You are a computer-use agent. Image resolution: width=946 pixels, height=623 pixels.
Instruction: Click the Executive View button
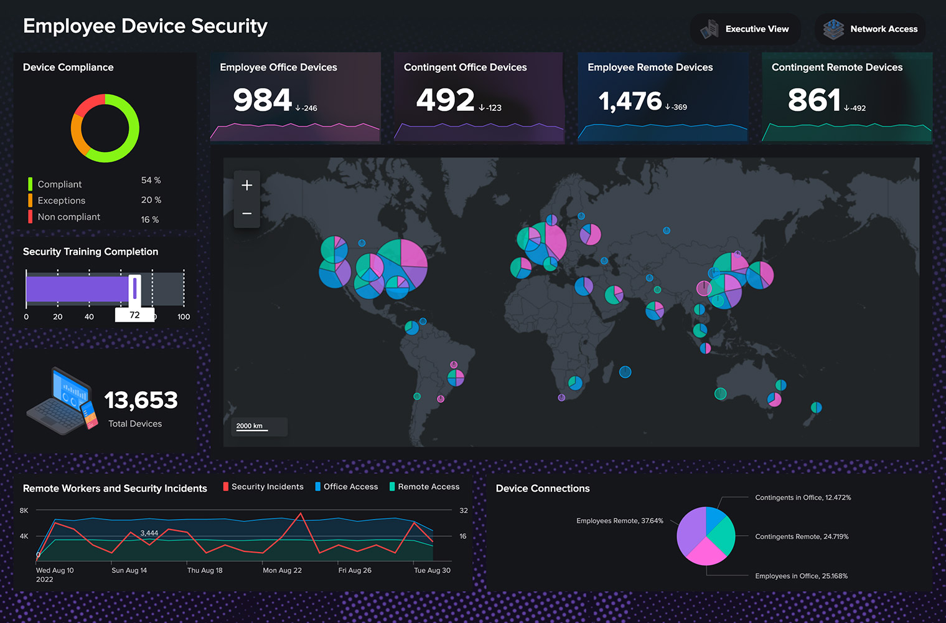pyautogui.click(x=745, y=29)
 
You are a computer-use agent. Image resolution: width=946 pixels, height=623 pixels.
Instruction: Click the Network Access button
pyautogui.click(x=870, y=29)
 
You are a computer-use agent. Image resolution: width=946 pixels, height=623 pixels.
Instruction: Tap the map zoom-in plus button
pyautogui.click(x=247, y=185)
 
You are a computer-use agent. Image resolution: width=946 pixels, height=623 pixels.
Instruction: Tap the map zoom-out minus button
pyautogui.click(x=247, y=214)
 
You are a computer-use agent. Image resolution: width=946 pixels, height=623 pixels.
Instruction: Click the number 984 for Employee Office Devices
pyautogui.click(x=262, y=100)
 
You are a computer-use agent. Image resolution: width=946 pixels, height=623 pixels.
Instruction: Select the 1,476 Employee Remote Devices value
pyautogui.click(x=630, y=102)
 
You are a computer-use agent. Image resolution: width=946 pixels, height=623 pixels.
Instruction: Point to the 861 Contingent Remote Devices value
pyautogui.click(x=814, y=100)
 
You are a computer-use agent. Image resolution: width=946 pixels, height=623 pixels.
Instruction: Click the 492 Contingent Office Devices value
pyautogui.click(x=445, y=100)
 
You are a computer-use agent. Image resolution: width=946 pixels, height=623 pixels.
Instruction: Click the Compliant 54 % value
pyautogui.click(x=151, y=180)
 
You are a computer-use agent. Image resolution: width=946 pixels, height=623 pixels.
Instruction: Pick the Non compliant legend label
pyautogui.click(x=68, y=217)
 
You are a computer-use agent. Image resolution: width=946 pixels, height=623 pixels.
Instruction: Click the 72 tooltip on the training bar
pyautogui.click(x=134, y=315)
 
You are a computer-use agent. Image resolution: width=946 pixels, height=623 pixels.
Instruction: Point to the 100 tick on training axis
pyautogui.click(x=184, y=317)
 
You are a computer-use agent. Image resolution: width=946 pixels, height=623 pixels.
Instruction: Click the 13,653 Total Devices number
pyautogui.click(x=141, y=400)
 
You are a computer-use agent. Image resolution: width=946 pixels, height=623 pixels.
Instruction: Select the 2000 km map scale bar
pyautogui.click(x=250, y=427)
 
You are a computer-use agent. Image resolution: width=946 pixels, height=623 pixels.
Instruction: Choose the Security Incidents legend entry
pyautogui.click(x=267, y=487)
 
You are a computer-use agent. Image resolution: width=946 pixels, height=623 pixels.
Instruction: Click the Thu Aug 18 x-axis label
pyautogui.click(x=205, y=571)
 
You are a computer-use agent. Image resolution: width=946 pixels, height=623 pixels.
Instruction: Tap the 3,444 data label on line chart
pyautogui.click(x=149, y=533)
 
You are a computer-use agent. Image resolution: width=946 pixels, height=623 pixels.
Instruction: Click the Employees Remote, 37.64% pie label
pyautogui.click(x=619, y=521)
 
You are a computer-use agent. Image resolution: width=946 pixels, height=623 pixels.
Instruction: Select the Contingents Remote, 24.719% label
pyautogui.click(x=802, y=536)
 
